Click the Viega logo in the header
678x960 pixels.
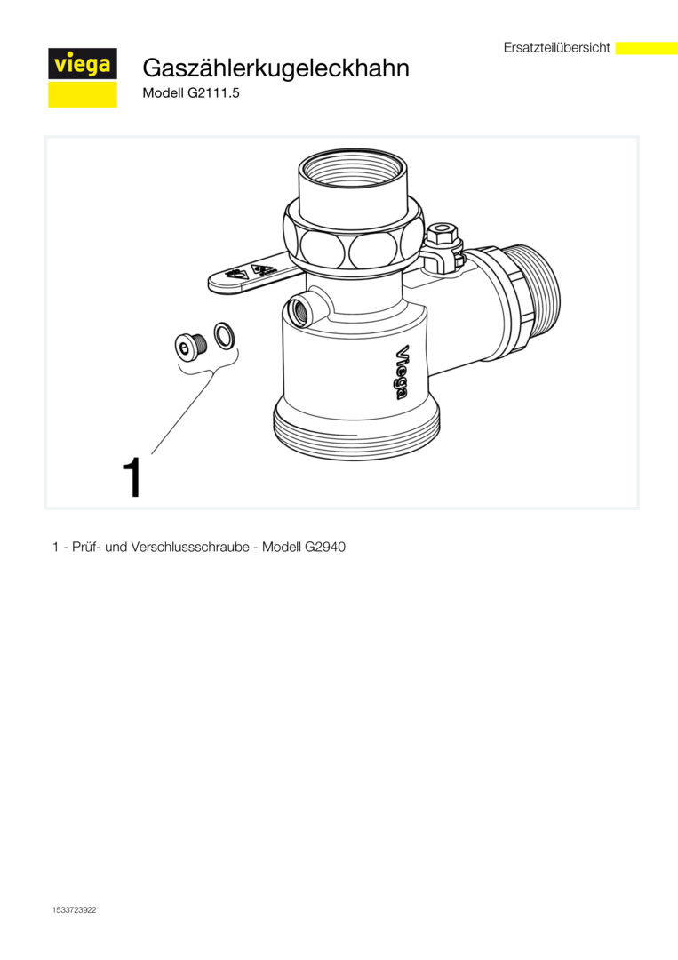tap(83, 77)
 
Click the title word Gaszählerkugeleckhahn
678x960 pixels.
tap(276, 68)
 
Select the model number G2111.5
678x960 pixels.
tap(213, 93)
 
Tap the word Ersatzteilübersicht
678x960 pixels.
tap(557, 48)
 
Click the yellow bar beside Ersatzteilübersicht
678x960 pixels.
tap(646, 48)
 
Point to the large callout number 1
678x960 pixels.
tap(132, 477)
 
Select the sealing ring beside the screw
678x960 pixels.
tap(225, 334)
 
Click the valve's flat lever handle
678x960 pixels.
tap(250, 274)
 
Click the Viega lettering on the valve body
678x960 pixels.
tap(401, 372)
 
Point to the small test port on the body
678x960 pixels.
tap(303, 310)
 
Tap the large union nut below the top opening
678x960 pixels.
tap(353, 239)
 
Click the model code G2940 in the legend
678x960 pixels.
tap(325, 547)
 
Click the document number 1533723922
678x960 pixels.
tap(74, 910)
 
